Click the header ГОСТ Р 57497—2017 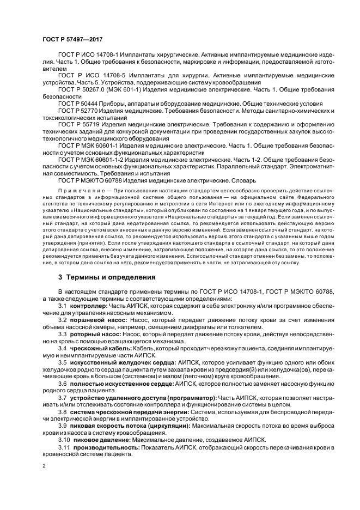pyautogui.click(x=72, y=40)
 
